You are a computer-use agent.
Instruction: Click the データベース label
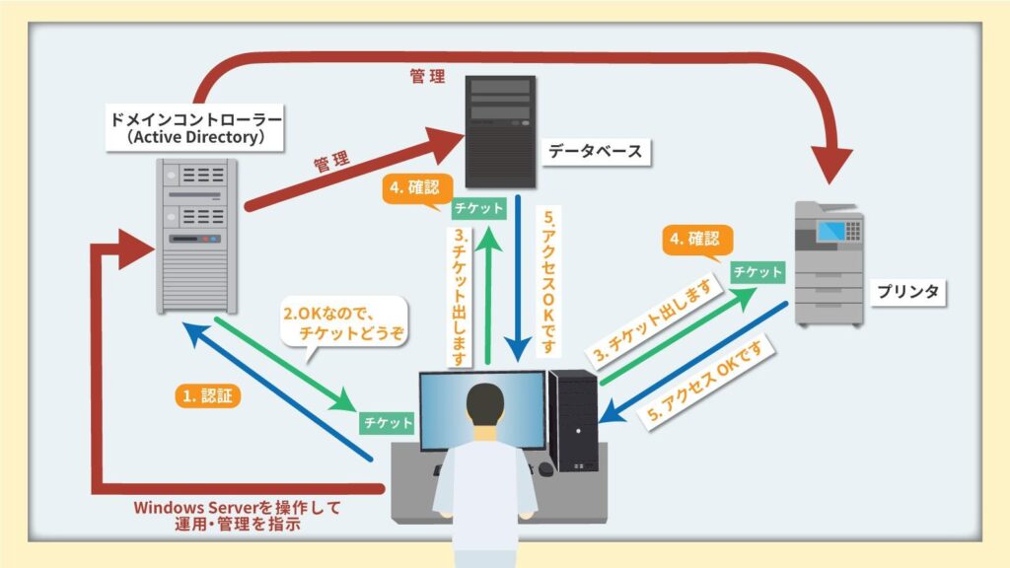tap(595, 151)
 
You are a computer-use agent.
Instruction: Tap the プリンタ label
tap(907, 292)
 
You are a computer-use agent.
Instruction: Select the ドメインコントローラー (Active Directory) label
tap(194, 128)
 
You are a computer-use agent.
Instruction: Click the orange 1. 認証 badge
tap(207, 395)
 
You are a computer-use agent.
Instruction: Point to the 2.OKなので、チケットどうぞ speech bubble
tap(344, 323)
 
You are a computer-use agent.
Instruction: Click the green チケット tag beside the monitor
tap(387, 422)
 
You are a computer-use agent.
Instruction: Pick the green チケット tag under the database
tap(478, 208)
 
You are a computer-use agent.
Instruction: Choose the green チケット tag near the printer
tap(757, 272)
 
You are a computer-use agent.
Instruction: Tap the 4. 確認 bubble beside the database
tap(415, 188)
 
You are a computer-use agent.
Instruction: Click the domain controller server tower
tap(196, 236)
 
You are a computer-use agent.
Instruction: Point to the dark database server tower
tap(500, 132)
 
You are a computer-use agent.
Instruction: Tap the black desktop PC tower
tap(573, 420)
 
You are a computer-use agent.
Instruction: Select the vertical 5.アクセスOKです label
tap(548, 281)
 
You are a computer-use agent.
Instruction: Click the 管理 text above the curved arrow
tap(427, 77)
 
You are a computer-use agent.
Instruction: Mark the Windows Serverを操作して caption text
tap(237, 508)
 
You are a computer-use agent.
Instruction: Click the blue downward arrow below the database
tap(517, 278)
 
